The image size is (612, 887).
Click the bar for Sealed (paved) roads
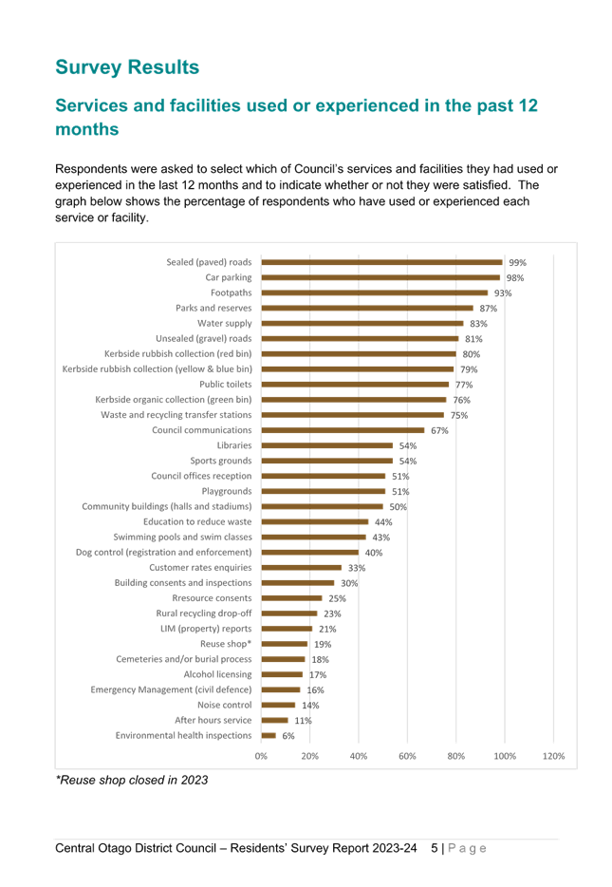click(x=382, y=262)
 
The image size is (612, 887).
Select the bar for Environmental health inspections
click(x=269, y=735)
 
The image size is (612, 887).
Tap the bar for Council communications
click(x=343, y=430)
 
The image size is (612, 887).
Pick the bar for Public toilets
click(x=355, y=385)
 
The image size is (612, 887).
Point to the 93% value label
click(x=503, y=293)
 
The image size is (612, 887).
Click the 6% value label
click(x=288, y=736)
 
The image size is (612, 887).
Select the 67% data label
click(x=439, y=430)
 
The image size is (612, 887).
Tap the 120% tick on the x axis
click(x=553, y=756)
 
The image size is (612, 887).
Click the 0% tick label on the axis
click(x=261, y=756)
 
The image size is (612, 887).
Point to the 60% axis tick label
click(x=407, y=756)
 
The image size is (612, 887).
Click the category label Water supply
click(x=224, y=324)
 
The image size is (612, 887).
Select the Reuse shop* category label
click(x=226, y=644)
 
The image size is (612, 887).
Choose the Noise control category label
click(x=224, y=705)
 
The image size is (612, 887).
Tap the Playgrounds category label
click(x=227, y=491)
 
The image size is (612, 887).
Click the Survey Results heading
click(x=127, y=67)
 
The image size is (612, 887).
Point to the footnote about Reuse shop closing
click(x=132, y=780)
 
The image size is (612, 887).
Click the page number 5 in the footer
click(x=434, y=848)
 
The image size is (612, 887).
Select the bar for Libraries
click(x=327, y=445)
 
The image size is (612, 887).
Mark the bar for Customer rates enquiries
click(x=302, y=567)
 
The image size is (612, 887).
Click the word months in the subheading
click(x=87, y=129)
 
